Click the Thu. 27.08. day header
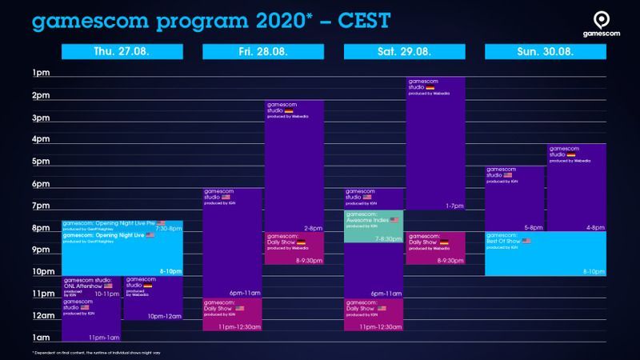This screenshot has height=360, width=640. [x=122, y=52]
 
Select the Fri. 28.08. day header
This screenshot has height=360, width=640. [x=263, y=52]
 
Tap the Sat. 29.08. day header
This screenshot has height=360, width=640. [x=405, y=52]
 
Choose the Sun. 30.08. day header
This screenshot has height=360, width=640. [x=546, y=52]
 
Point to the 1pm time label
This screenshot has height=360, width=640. [x=41, y=74]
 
